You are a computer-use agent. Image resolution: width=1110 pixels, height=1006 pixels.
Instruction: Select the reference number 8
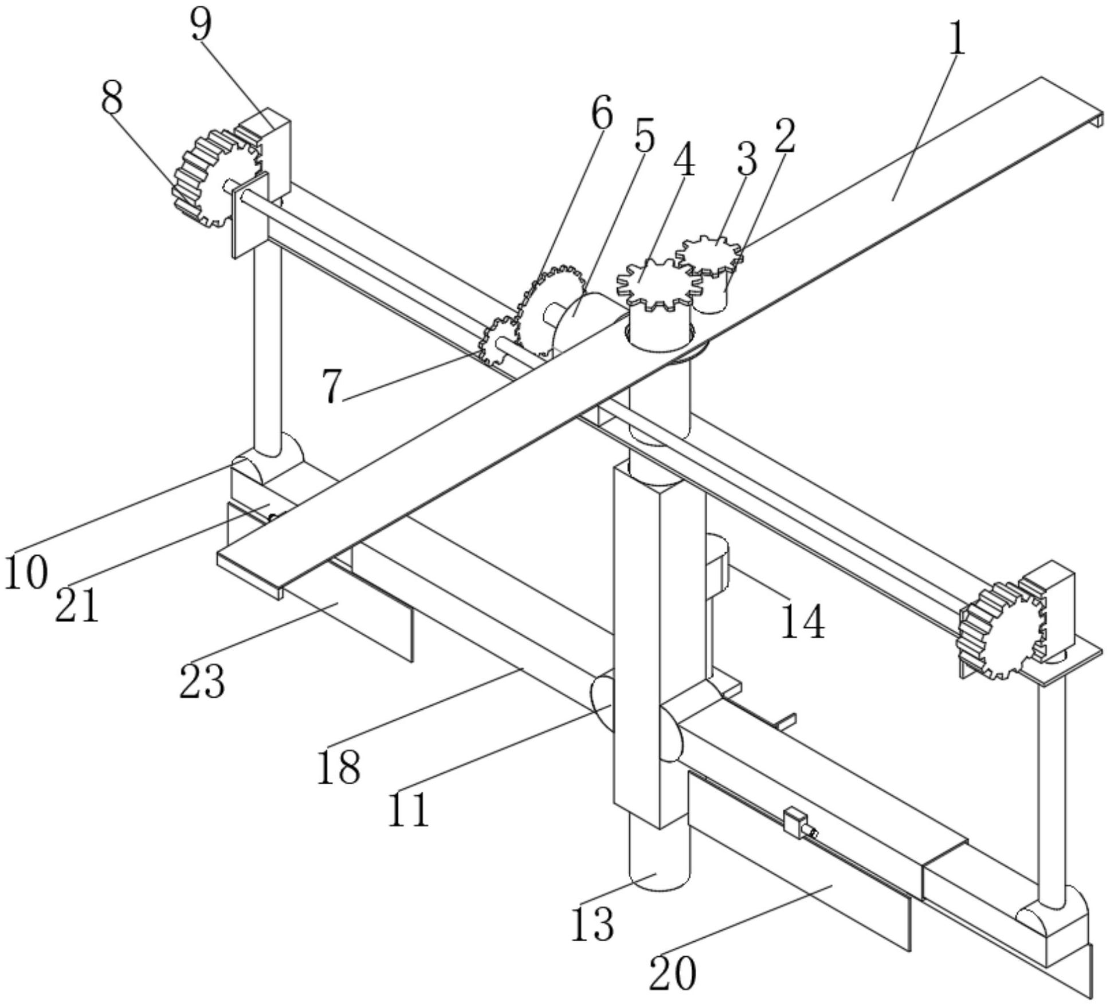(112, 97)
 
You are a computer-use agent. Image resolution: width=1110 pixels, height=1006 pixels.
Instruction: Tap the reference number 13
(593, 924)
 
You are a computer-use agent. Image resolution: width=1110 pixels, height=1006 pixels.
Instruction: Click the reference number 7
(331, 387)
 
